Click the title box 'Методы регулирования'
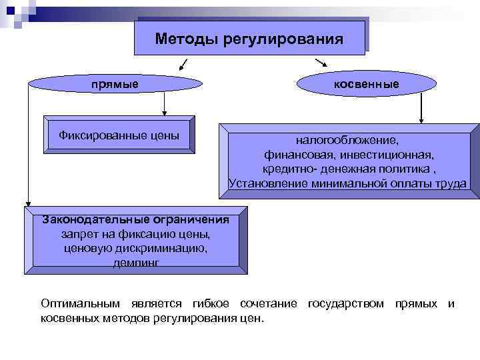tap(249, 38)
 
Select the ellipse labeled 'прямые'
tap(115, 84)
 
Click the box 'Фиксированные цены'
tap(119, 135)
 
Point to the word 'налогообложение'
tap(347, 141)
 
